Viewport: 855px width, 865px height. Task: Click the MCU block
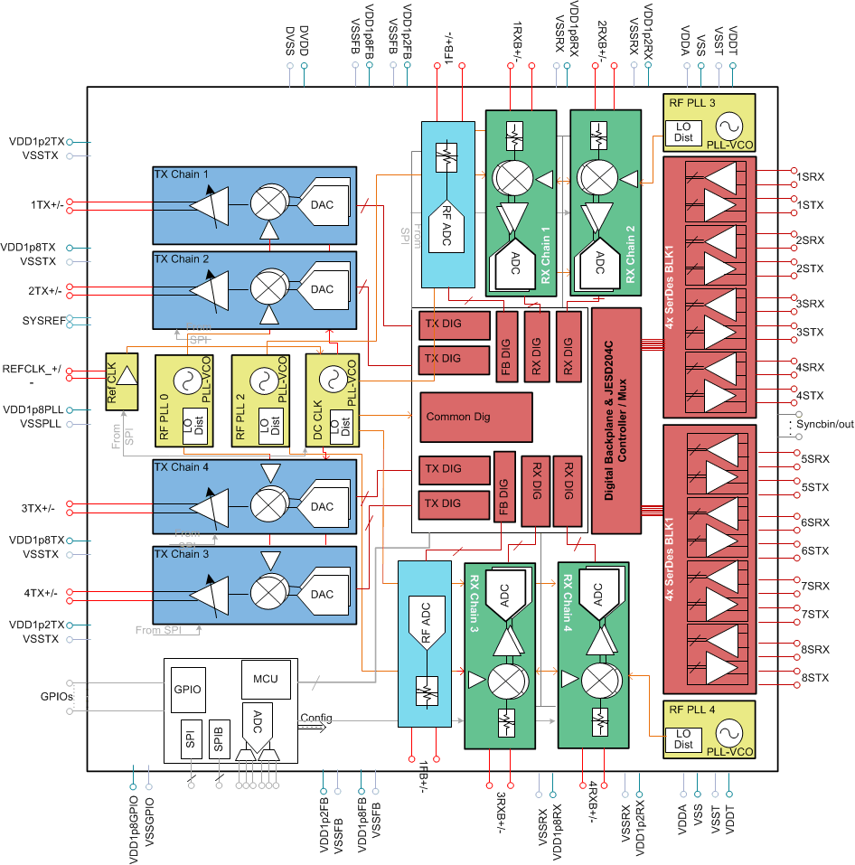point(266,678)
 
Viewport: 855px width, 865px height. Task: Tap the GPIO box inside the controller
point(191,689)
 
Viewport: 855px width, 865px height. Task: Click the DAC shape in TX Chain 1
point(323,205)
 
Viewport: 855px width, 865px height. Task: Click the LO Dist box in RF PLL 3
point(683,132)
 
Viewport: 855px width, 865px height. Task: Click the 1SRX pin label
point(810,176)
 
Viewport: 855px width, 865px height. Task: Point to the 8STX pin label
point(813,677)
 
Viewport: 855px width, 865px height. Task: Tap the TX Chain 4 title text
point(182,467)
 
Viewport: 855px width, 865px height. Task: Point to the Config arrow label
point(315,718)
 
